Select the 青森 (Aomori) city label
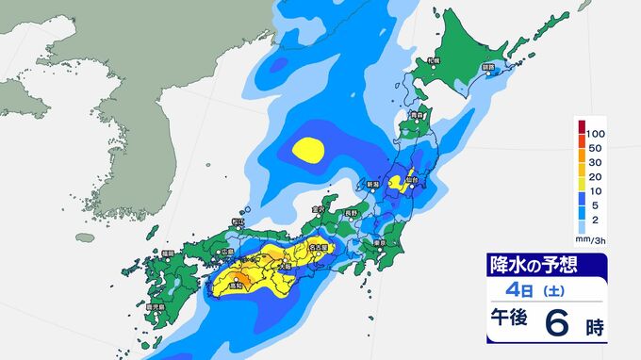tap(417, 116)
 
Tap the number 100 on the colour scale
tap(595, 136)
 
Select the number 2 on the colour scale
tap(595, 216)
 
